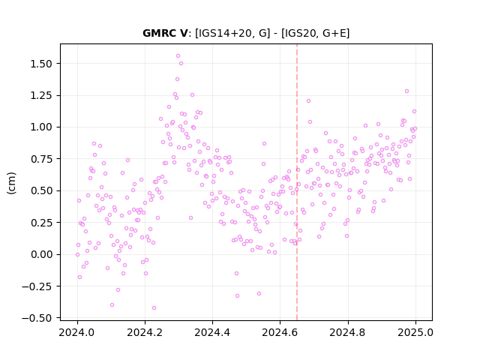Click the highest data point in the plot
tap(178, 56)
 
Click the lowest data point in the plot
tap(154, 308)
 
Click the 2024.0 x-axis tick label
tap(77, 332)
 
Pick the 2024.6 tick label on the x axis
tap(280, 332)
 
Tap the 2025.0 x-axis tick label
tap(415, 332)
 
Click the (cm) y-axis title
tap(11, 183)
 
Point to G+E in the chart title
tap(334, 33)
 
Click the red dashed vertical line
tap(297, 182)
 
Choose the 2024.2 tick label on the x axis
tap(145, 332)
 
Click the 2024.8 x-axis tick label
tap(348, 332)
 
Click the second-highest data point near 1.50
tap(181, 63)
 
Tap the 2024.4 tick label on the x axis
tap(212, 332)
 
